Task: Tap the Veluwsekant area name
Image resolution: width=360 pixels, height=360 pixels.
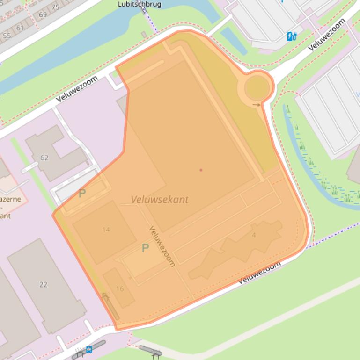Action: (160, 200)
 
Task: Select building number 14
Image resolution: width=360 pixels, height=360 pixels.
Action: (106, 230)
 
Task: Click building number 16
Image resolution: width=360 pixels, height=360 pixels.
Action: (119, 288)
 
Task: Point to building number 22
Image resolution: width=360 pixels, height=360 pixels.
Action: (44, 284)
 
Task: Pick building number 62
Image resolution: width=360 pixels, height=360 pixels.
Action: (44, 158)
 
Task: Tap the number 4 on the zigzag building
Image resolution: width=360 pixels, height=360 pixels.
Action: (254, 235)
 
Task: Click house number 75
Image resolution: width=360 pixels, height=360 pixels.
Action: (55, 7)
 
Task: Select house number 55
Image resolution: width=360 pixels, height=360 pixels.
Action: (7, 36)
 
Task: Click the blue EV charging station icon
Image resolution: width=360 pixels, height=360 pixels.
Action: (292, 36)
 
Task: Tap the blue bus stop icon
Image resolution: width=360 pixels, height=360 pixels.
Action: (88, 349)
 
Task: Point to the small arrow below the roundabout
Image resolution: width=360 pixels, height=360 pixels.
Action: (257, 105)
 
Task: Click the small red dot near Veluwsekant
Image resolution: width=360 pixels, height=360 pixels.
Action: (201, 170)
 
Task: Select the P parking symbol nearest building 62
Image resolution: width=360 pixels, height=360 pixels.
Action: (82, 193)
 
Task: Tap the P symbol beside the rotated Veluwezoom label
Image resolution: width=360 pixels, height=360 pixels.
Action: (145, 248)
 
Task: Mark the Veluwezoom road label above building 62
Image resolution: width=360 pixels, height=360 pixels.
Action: (77, 89)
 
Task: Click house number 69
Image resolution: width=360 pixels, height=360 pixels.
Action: (43, 14)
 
